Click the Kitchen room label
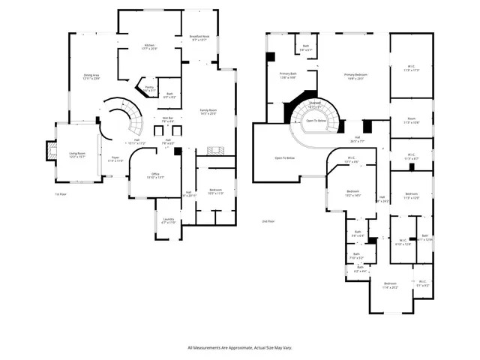click(x=148, y=46)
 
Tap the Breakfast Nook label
click(x=199, y=37)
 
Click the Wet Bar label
click(x=167, y=118)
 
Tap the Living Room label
click(x=77, y=155)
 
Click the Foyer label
click(x=115, y=159)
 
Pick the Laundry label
click(x=168, y=220)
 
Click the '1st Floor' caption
click(x=61, y=194)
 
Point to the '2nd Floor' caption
click(x=268, y=221)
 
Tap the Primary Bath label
click(x=289, y=75)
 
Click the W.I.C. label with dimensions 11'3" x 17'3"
click(x=411, y=67)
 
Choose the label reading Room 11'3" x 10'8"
click(x=411, y=120)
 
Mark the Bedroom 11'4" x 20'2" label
click(x=390, y=286)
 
